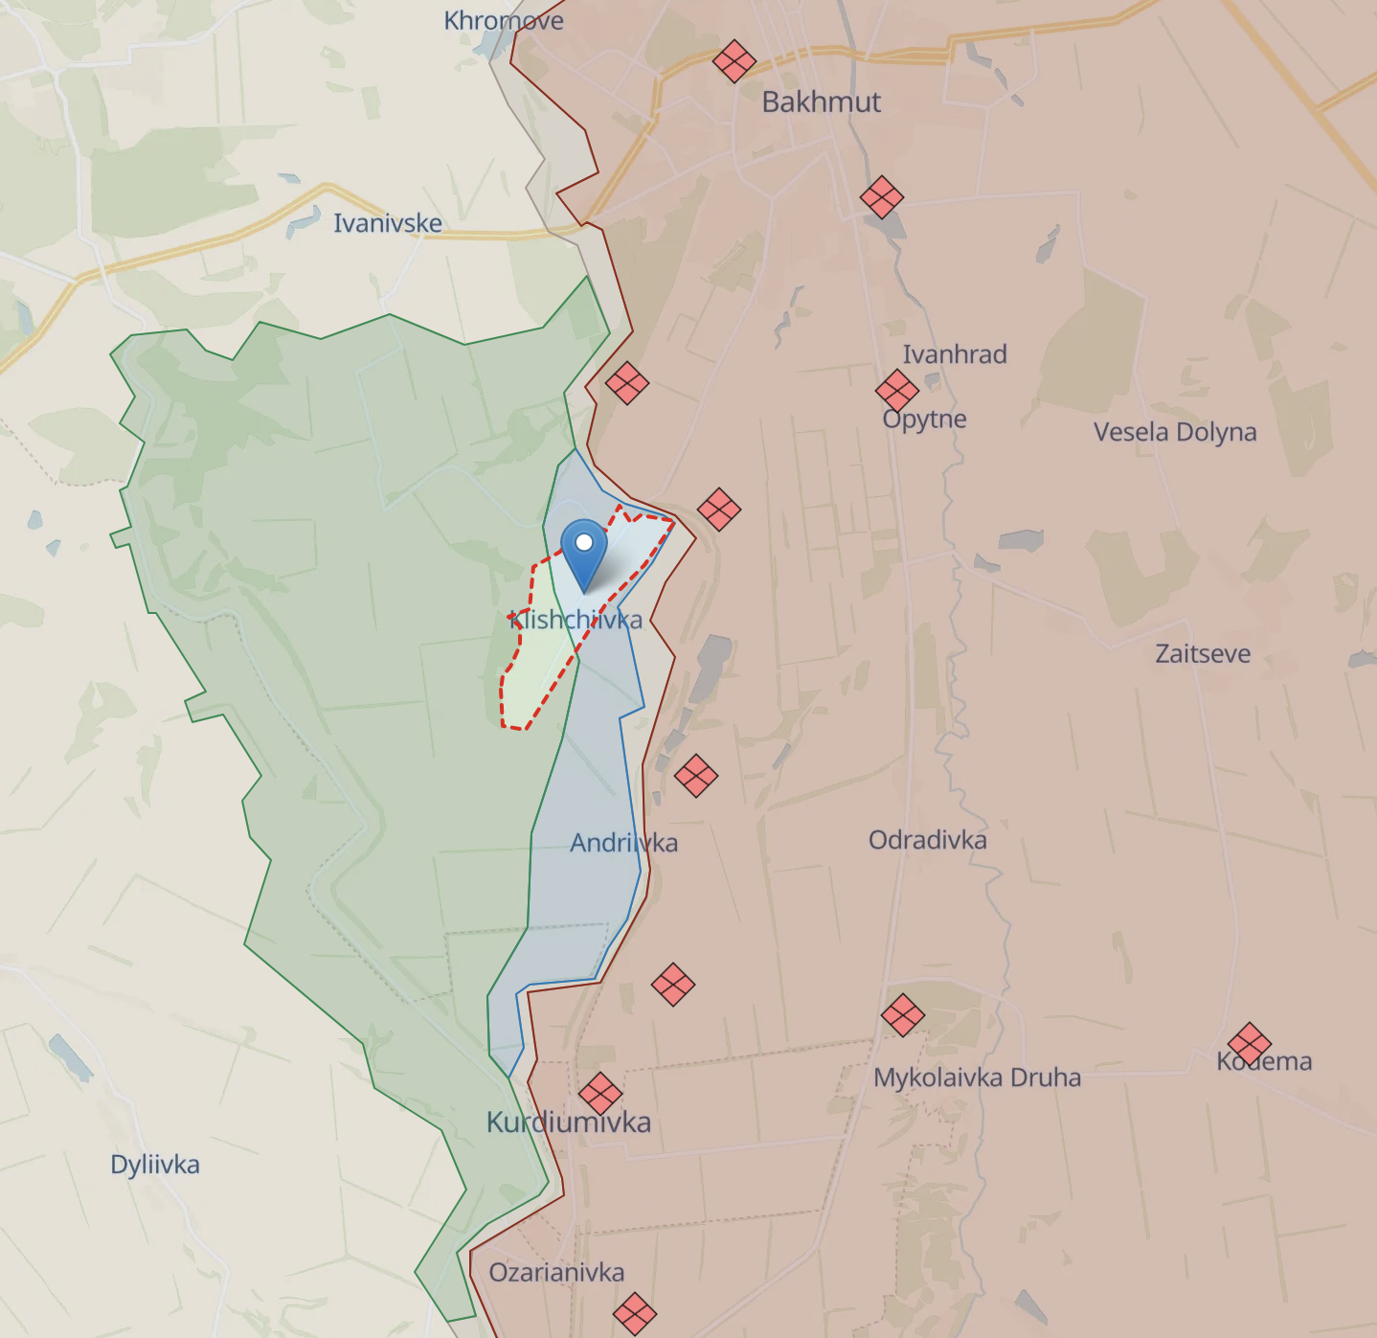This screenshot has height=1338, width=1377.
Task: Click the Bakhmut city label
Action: [x=821, y=102]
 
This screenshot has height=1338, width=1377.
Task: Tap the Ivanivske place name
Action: [x=388, y=223]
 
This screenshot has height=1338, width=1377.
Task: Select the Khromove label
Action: [x=504, y=20]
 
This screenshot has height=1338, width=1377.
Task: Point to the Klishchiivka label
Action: [x=576, y=620]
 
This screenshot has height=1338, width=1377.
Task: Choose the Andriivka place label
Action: [x=623, y=843]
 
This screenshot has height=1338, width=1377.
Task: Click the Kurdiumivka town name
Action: [x=569, y=1123]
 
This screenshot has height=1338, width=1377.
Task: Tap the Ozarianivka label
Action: [x=556, y=1272]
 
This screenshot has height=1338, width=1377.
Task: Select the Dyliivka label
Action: [x=155, y=1165]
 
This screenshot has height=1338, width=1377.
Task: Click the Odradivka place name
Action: [x=927, y=840]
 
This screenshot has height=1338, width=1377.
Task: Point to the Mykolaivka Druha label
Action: [x=977, y=1077]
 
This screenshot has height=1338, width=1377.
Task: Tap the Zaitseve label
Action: [x=1203, y=654]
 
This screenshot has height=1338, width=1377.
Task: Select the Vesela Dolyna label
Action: [x=1175, y=432]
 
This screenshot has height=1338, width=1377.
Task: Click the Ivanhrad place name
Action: [x=955, y=354]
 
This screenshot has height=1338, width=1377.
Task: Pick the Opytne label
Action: [x=924, y=420]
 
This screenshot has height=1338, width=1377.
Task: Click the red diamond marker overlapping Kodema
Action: [x=1249, y=1044]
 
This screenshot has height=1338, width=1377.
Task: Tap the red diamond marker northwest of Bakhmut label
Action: [x=734, y=61]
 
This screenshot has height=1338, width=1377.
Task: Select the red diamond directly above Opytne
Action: [x=896, y=391]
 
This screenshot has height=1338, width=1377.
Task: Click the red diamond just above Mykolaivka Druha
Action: [x=902, y=1015]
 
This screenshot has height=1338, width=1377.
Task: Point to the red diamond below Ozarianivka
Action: [x=634, y=1313]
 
